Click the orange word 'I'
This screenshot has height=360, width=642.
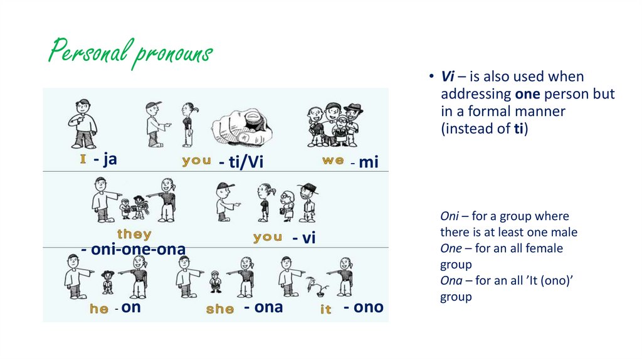coord(82,160)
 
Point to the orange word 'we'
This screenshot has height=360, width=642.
coord(333,161)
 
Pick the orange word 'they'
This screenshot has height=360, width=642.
coord(134,235)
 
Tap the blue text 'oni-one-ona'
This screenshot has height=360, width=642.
coord(134,249)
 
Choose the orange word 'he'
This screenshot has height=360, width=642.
coord(99,309)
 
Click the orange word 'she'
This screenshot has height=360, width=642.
coord(220,309)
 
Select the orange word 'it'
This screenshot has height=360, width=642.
coord(326,309)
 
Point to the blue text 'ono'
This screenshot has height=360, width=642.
coord(367,307)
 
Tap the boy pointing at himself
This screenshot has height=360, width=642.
coord(82,123)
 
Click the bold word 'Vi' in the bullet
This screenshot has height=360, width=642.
coord(447,77)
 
